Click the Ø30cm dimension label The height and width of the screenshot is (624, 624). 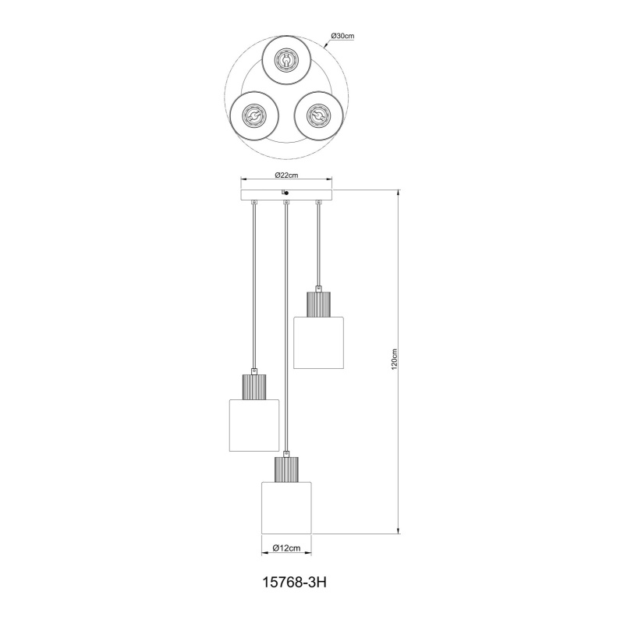[342, 36]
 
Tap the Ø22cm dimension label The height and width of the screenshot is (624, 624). [286, 175]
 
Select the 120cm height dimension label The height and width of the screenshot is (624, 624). [395, 360]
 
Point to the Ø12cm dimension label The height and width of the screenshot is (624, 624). [286, 548]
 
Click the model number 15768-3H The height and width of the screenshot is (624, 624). [295, 583]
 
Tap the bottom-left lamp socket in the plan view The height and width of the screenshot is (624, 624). [253, 115]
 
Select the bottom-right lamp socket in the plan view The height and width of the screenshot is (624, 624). [318, 115]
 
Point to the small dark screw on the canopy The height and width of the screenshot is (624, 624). [286, 193]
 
